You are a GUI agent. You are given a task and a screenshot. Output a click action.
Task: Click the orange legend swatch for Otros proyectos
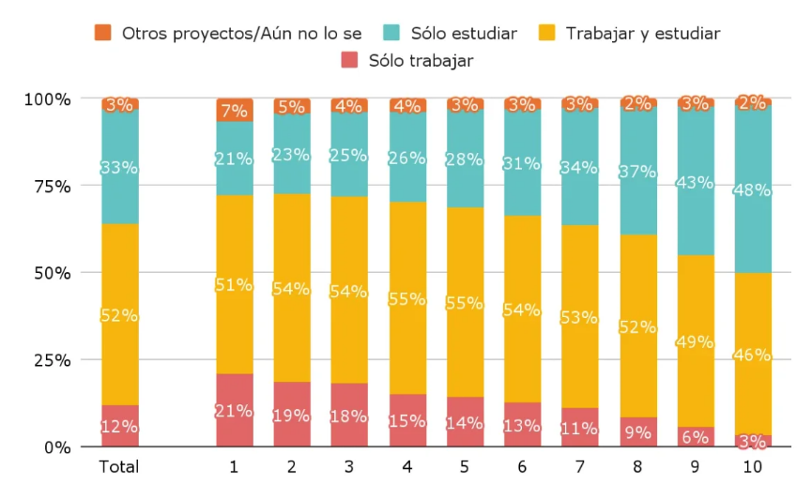[x=103, y=34]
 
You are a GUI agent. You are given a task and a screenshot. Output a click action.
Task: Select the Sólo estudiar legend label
[x=463, y=34]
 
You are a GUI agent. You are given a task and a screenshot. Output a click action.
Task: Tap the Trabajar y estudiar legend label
[x=643, y=34]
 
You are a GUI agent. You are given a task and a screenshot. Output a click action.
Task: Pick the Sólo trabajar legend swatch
[x=349, y=62]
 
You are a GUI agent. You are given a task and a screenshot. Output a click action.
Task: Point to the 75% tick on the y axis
[x=47, y=186]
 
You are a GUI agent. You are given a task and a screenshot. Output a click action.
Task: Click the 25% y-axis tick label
[x=47, y=360]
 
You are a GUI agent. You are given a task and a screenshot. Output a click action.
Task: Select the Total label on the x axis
[x=119, y=466]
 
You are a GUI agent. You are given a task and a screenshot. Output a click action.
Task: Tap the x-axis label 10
[x=753, y=466]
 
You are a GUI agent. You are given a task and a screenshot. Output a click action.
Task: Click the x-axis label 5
[x=465, y=466]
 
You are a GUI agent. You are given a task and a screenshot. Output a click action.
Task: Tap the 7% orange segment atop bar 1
[x=235, y=110]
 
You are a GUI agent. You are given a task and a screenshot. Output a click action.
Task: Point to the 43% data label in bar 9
[x=696, y=183]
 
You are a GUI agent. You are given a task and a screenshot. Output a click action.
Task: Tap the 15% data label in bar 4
[x=407, y=421]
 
